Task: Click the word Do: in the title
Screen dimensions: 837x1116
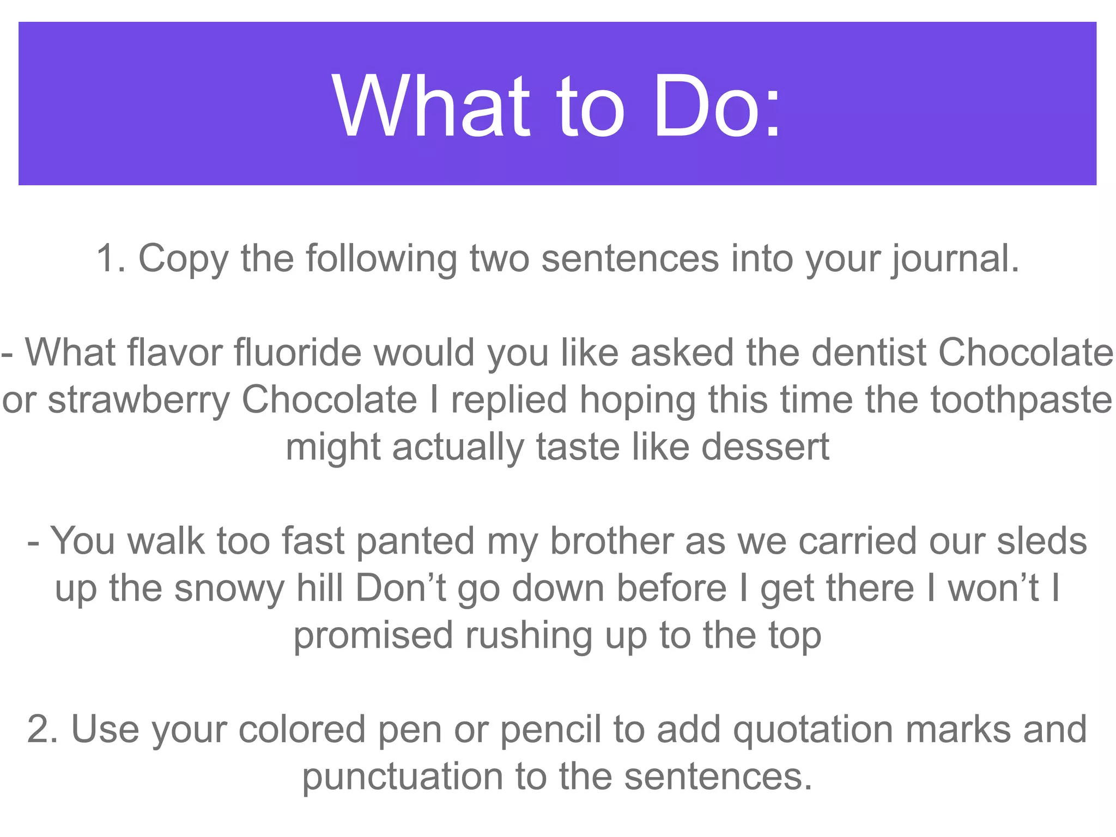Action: coord(717,106)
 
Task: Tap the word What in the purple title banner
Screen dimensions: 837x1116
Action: coord(430,106)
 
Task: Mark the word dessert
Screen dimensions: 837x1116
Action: coord(765,447)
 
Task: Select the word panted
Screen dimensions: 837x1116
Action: coord(416,541)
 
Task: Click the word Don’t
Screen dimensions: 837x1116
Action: coord(401,589)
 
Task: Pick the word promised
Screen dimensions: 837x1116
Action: coord(373,636)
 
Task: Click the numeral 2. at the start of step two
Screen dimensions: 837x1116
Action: coord(42,729)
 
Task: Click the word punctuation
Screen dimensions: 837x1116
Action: coord(403,777)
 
